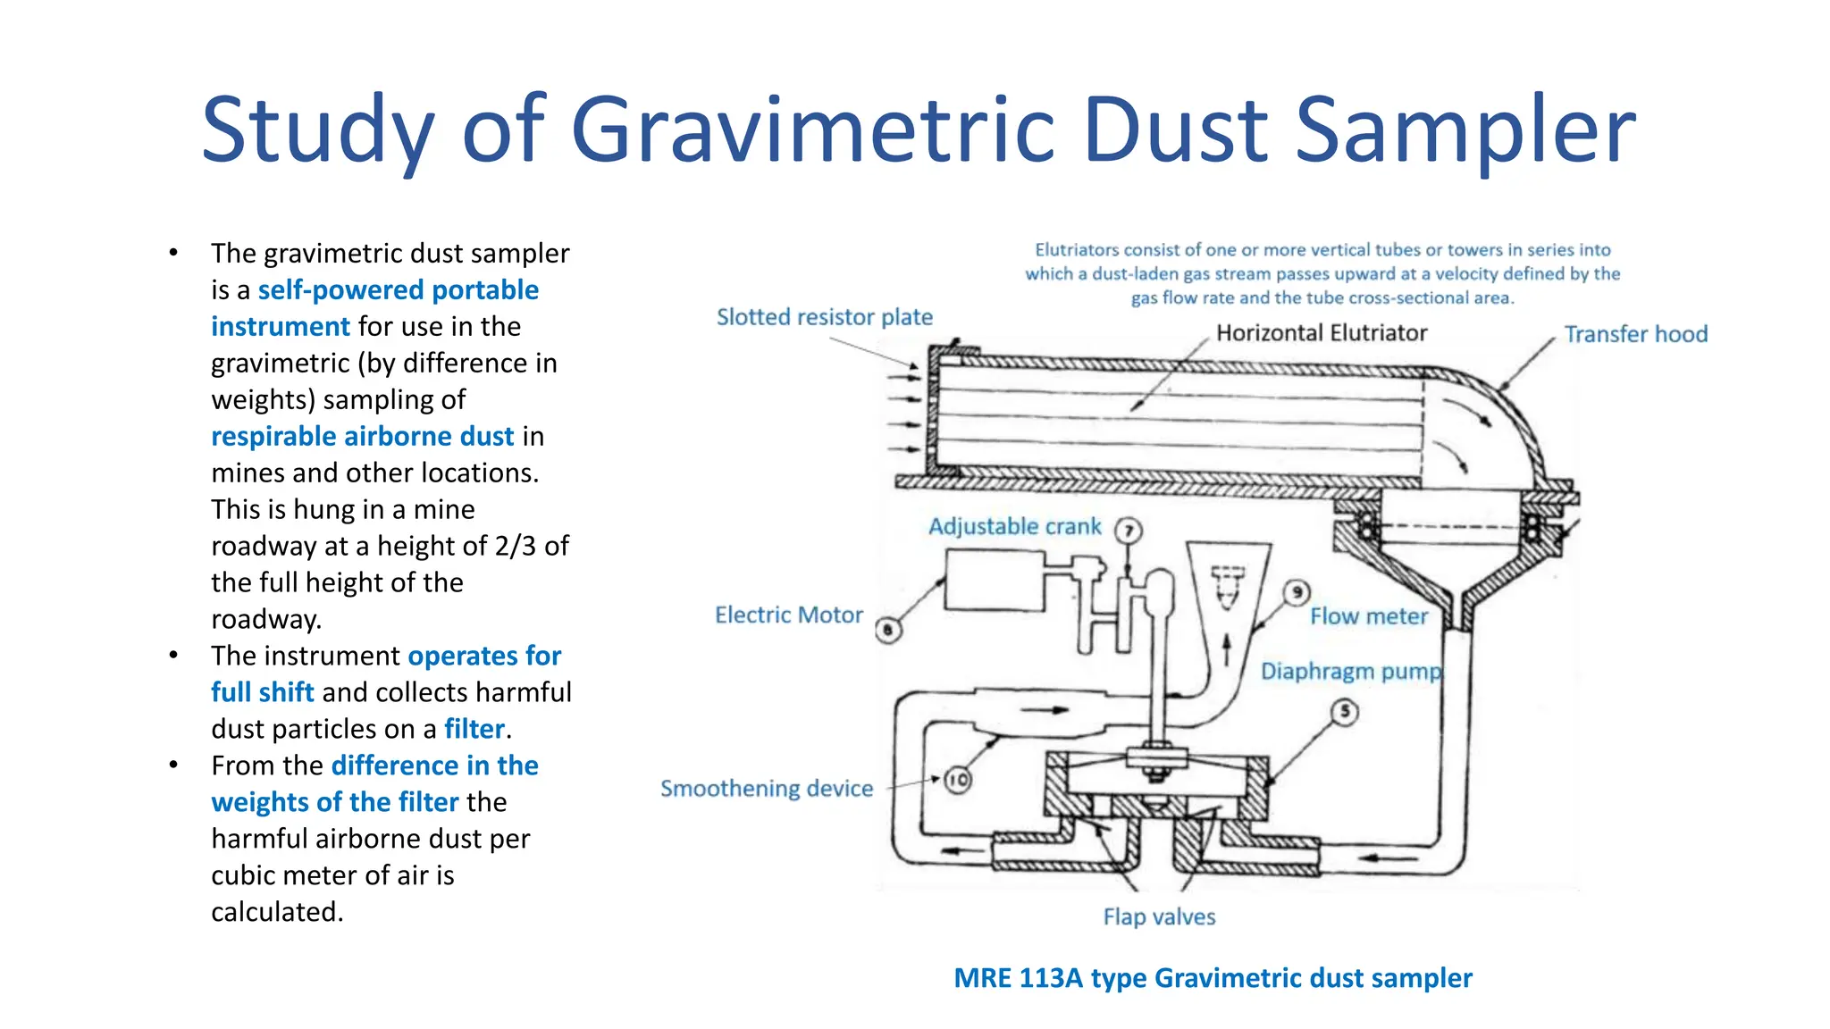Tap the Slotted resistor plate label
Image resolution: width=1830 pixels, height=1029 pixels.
click(x=824, y=317)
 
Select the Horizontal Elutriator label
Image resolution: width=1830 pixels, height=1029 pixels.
click(x=1322, y=333)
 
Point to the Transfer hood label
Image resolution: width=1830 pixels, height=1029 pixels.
click(x=1635, y=334)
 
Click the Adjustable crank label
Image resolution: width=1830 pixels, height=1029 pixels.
click(x=1014, y=527)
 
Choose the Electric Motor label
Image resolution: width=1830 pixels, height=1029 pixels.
click(x=788, y=615)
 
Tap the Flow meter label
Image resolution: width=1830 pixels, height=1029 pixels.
click(x=1369, y=616)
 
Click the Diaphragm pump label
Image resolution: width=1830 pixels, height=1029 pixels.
click(x=1351, y=672)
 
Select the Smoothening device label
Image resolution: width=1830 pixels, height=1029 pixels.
click(x=766, y=789)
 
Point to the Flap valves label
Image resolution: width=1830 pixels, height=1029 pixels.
click(x=1159, y=917)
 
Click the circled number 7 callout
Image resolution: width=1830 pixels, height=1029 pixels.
click(x=1129, y=531)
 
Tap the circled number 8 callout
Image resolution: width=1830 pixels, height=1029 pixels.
click(x=888, y=631)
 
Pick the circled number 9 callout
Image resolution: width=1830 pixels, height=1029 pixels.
click(x=1297, y=592)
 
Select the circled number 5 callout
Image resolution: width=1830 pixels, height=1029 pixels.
click(x=1345, y=712)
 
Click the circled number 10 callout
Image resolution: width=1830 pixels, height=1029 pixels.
click(x=957, y=780)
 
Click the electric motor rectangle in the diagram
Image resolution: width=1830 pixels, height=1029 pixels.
click(x=995, y=581)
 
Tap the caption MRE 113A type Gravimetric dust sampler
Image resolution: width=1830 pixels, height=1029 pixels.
click(x=1213, y=978)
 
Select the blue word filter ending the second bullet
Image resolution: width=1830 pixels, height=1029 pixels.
click(x=474, y=729)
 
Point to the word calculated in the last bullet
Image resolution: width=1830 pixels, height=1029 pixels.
click(x=277, y=912)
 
